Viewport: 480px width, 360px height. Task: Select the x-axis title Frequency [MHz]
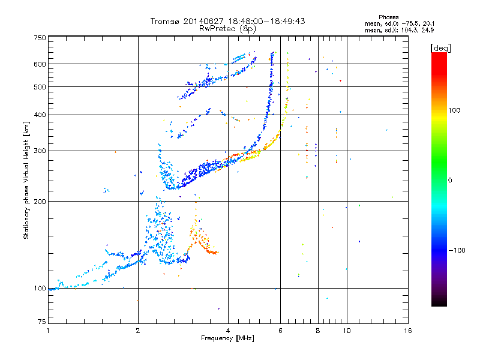[228, 338]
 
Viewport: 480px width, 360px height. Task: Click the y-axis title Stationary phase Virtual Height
[26, 180]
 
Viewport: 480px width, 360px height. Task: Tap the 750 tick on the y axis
[40, 38]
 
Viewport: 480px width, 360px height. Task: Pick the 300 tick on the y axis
[40, 151]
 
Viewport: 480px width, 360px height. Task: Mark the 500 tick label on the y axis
[40, 87]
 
